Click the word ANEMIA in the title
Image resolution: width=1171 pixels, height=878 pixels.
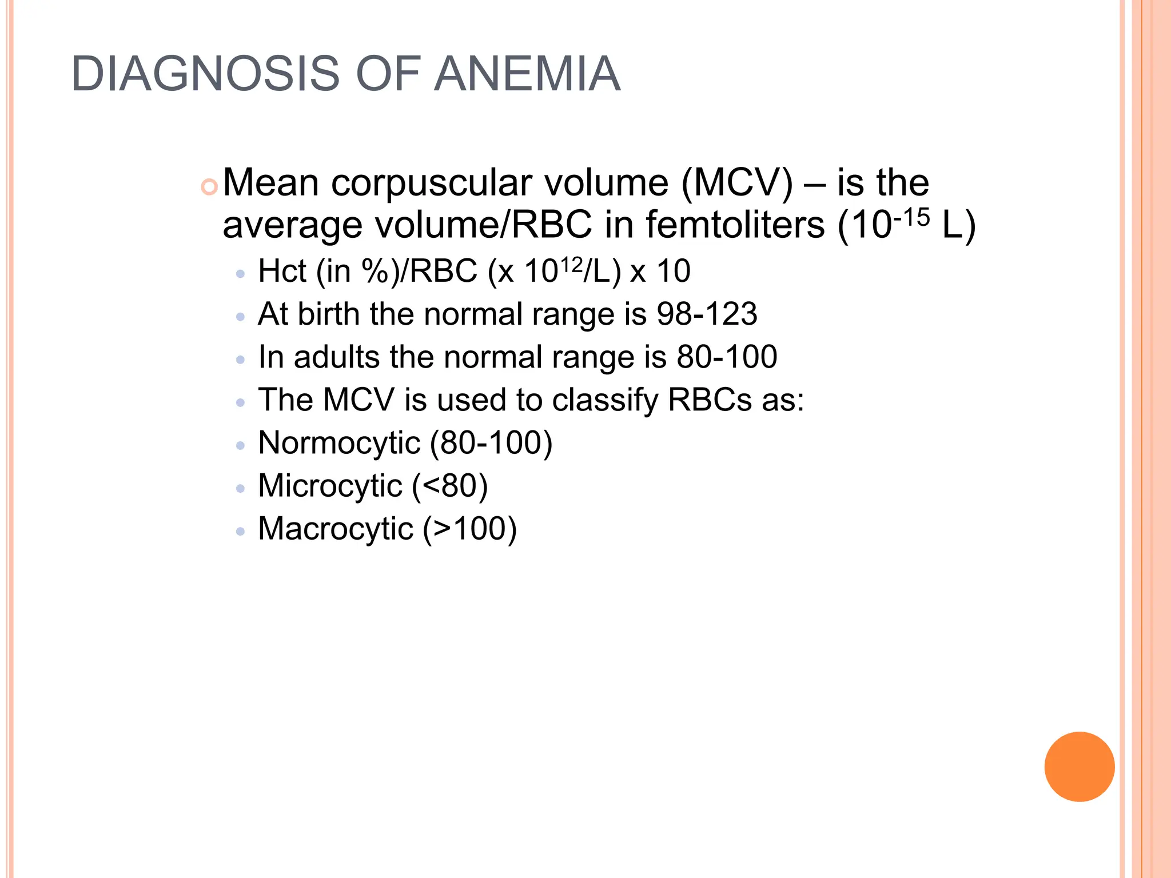527,74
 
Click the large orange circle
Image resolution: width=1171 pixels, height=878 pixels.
1079,767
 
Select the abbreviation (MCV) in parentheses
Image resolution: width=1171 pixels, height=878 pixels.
737,183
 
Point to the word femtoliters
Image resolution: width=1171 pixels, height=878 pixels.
735,225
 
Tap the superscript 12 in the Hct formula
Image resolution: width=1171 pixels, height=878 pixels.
571,265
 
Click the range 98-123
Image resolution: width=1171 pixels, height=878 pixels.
707,314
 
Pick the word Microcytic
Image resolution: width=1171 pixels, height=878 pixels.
330,486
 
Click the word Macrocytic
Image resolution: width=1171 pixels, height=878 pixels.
335,529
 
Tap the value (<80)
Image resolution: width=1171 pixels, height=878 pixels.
450,486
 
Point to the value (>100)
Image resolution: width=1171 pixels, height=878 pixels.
469,529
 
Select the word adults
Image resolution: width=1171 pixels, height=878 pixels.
336,357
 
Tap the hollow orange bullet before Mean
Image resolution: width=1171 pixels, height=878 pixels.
210,187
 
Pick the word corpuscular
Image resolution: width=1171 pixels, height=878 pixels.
431,183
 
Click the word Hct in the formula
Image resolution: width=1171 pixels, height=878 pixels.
282,271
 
